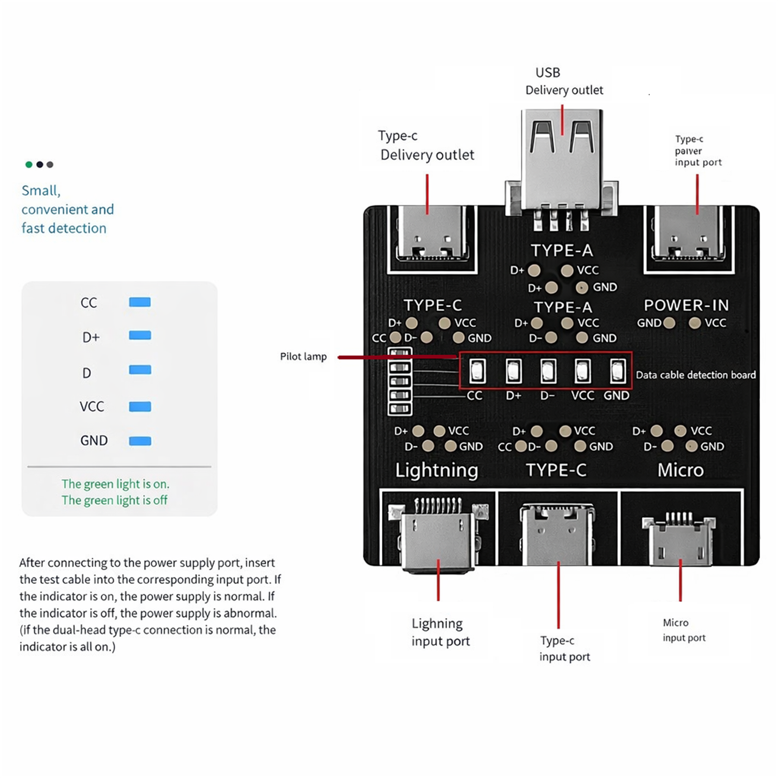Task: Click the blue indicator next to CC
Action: point(140,302)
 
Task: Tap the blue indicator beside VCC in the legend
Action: point(140,407)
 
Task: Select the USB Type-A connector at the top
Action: point(562,161)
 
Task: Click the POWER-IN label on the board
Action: point(686,306)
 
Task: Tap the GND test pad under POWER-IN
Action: point(669,323)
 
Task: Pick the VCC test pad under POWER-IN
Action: point(695,323)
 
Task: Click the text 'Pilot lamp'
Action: point(303,357)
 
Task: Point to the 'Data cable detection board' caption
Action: point(696,375)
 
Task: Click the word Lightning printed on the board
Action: point(436,470)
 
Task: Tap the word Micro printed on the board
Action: point(680,470)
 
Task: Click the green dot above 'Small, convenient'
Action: point(29,164)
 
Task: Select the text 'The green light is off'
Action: point(114,500)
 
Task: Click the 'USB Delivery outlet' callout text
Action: point(564,82)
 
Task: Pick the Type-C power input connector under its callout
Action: point(689,236)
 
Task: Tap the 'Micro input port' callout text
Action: point(684,630)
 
